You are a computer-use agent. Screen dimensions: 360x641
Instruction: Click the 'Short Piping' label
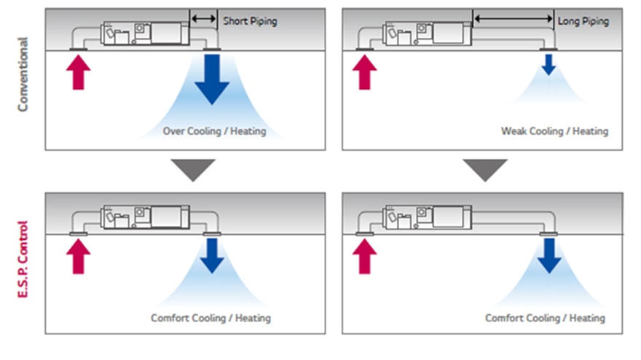(x=249, y=21)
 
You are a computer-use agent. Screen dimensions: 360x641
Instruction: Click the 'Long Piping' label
(x=583, y=21)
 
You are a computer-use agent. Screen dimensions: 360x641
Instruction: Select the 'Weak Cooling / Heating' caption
(x=554, y=132)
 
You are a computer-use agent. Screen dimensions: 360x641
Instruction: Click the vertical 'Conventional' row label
(x=23, y=75)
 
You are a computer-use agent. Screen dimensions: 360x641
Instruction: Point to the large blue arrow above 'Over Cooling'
(x=212, y=79)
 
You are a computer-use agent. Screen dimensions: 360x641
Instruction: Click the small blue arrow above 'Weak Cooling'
(x=548, y=65)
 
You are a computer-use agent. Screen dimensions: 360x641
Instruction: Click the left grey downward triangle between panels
(x=192, y=169)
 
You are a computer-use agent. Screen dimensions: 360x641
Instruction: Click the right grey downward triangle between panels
(x=486, y=169)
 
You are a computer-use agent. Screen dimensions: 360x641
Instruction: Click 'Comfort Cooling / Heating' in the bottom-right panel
(x=545, y=318)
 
